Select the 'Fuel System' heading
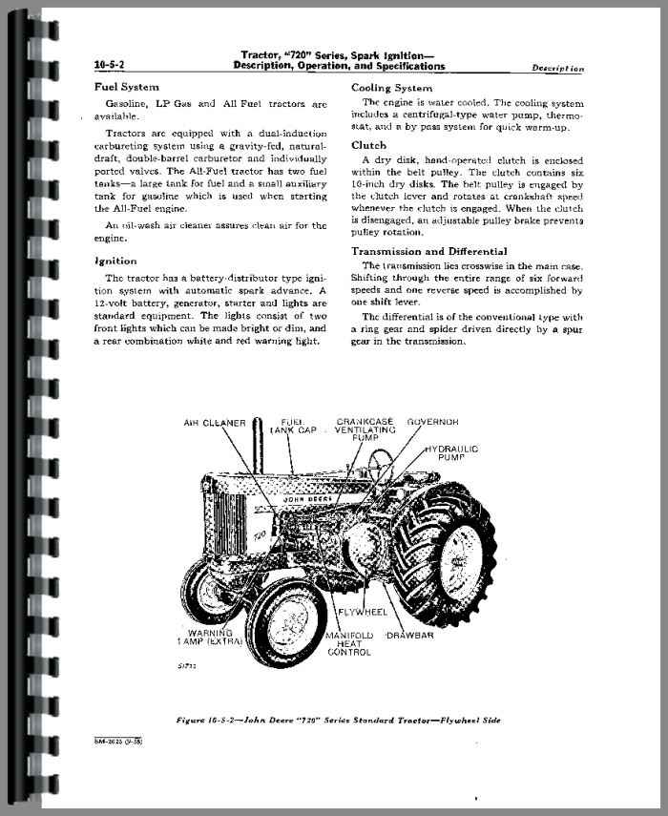tap(126, 87)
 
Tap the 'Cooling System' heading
tap(392, 88)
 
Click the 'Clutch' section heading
tap(369, 145)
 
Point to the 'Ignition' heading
tap(115, 262)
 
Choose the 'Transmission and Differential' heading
tap(429, 251)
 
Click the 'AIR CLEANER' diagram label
tap(215, 423)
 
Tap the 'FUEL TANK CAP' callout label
tap(293, 427)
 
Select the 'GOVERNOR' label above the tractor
tap(433, 422)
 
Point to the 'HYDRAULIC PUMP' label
tap(451, 452)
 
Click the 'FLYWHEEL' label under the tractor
tap(363, 612)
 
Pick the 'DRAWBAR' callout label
tap(410, 636)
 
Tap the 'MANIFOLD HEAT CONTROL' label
tap(349, 644)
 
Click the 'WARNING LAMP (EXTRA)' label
tap(210, 638)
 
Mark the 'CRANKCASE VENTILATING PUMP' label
tap(365, 429)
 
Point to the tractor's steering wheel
tap(381, 459)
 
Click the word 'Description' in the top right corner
tap(557, 68)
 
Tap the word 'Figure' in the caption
tap(191, 721)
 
